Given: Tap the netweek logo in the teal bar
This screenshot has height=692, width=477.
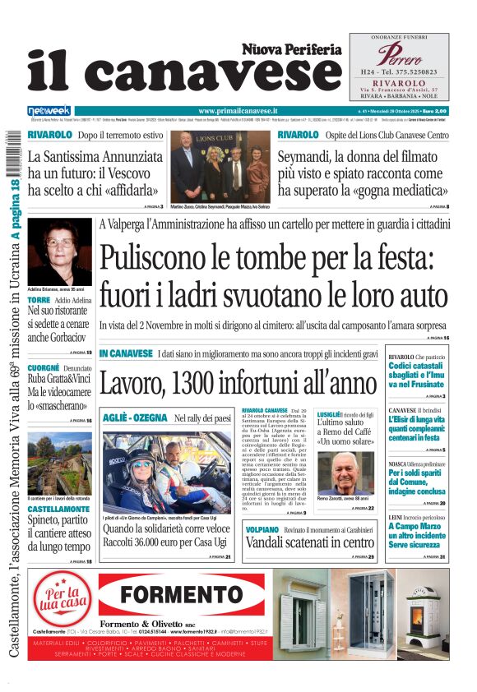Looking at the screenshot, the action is click(49, 110).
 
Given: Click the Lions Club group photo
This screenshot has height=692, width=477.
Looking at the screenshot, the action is click(222, 166).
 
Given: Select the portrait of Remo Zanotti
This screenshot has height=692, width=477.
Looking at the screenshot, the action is click(346, 472).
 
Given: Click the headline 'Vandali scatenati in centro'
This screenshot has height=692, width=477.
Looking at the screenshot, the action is click(309, 542).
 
